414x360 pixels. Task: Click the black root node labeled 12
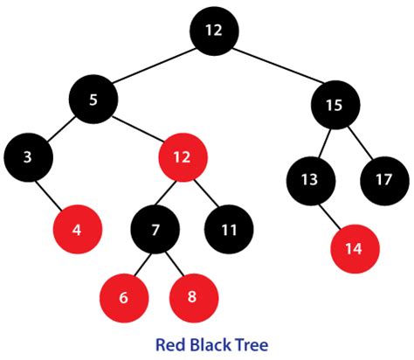[x=214, y=31]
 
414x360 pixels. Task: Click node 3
[x=28, y=158]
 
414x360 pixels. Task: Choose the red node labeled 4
[x=77, y=231]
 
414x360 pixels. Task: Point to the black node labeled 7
[x=155, y=232]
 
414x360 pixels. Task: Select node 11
[x=230, y=232]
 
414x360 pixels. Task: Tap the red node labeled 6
[x=123, y=297]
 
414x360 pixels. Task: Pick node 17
[x=383, y=180]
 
